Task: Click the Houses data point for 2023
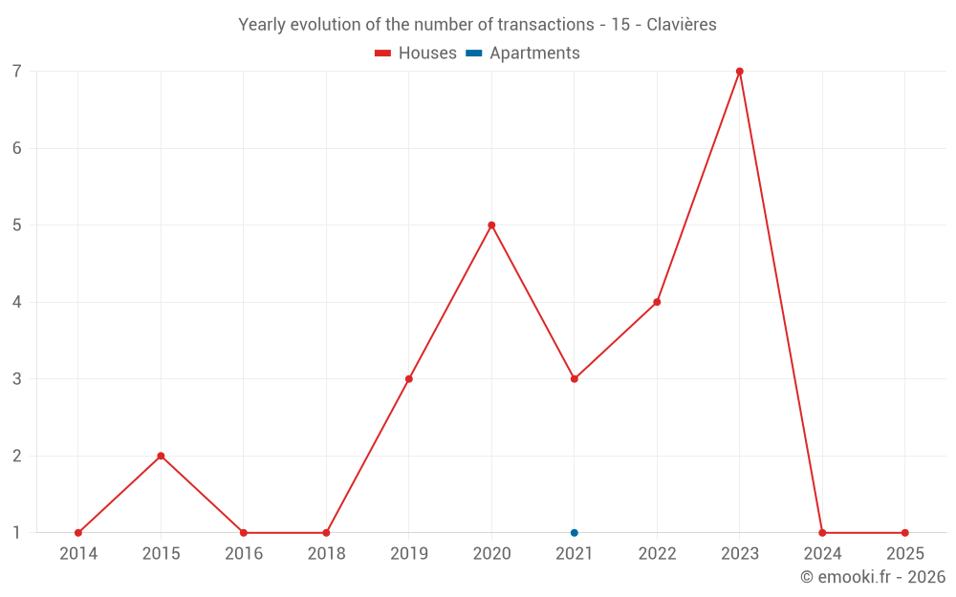[740, 72]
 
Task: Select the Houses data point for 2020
[491, 225]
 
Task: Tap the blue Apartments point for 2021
[575, 533]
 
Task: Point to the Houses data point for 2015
[161, 456]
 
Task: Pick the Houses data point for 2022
[657, 302]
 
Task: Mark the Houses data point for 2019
[409, 379]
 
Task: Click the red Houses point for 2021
[575, 379]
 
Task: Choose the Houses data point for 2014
[78, 533]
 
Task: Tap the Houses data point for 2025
[904, 533]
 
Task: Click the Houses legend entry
[416, 53]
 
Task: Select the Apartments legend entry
[523, 53]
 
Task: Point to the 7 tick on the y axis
[17, 72]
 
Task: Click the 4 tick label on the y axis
[17, 302]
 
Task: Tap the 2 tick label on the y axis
[17, 456]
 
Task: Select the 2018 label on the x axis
[326, 554]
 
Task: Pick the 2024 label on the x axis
[822, 554]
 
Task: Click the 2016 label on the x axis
[244, 554]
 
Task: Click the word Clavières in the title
[681, 25]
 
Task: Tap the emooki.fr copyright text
[873, 577]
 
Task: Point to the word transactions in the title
[546, 25]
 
